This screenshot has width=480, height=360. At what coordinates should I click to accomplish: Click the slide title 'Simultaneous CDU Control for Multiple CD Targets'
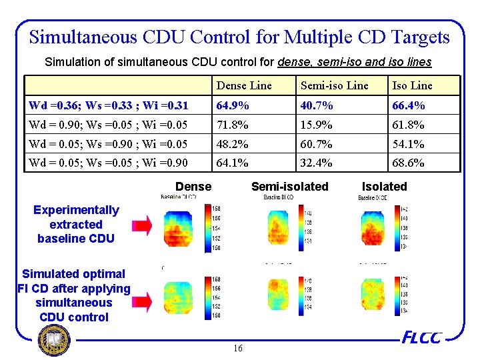tap(239, 37)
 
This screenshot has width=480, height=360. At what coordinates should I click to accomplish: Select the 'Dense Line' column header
tap(244, 85)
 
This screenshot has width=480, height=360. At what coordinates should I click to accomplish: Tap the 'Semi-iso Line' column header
tap(334, 85)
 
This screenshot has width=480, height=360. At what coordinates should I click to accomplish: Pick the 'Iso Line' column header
tap(412, 85)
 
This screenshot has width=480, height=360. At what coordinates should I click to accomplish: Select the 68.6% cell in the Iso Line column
tap(408, 163)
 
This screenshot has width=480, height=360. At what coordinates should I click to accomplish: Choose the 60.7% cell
tap(316, 144)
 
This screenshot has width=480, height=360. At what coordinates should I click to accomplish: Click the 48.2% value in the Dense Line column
tap(232, 144)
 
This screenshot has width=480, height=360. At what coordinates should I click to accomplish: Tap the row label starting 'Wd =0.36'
tap(108, 105)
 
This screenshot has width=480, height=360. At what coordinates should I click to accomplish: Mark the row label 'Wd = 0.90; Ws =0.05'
tap(108, 125)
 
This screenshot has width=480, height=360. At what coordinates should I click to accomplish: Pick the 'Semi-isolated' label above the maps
tap(289, 187)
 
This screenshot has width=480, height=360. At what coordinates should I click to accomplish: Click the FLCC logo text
tap(421, 338)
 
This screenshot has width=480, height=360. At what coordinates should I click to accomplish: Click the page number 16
tap(239, 349)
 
